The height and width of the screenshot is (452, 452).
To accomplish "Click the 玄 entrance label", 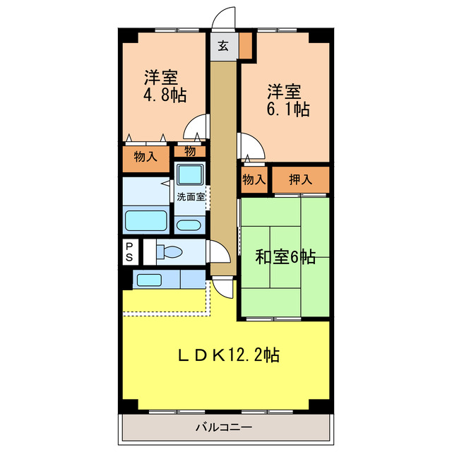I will [223, 47].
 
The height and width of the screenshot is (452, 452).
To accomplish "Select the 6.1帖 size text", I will [286, 109].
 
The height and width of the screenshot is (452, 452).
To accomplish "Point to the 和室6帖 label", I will [285, 257].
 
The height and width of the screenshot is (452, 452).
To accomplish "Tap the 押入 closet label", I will [301, 179].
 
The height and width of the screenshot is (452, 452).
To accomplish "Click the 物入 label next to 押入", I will [254, 179].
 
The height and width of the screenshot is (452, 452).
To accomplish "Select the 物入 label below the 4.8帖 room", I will [145, 157].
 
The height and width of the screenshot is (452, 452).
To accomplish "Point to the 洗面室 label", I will [191, 197].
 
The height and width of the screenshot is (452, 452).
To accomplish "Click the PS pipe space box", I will [129, 251].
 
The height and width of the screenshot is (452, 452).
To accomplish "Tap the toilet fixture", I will [167, 251].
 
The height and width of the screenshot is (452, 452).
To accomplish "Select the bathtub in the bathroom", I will [146, 220].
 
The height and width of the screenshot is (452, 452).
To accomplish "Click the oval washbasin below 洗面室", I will [188, 225].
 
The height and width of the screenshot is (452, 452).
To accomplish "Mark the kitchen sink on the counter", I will [149, 280].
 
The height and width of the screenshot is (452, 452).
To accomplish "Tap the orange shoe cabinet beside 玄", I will [245, 47].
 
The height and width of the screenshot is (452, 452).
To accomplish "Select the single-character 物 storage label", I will [190, 150].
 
